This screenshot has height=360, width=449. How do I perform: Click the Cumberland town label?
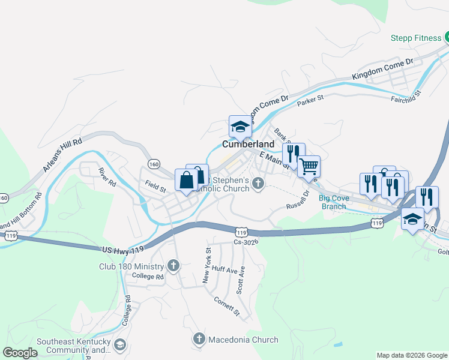249,145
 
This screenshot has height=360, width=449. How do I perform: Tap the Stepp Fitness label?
417,38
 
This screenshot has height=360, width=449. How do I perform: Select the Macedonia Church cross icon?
199,340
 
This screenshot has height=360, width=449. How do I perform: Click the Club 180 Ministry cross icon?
173,265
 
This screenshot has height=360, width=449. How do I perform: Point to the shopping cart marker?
309,166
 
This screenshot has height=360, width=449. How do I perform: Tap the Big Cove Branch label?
333,202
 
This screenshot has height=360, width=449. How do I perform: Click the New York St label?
206,266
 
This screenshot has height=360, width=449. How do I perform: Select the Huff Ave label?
224,270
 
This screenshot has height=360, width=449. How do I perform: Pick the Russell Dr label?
297,202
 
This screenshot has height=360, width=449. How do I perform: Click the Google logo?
20,353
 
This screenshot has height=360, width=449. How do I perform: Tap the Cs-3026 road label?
246,242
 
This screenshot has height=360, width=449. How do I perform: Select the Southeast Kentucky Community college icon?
120,344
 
